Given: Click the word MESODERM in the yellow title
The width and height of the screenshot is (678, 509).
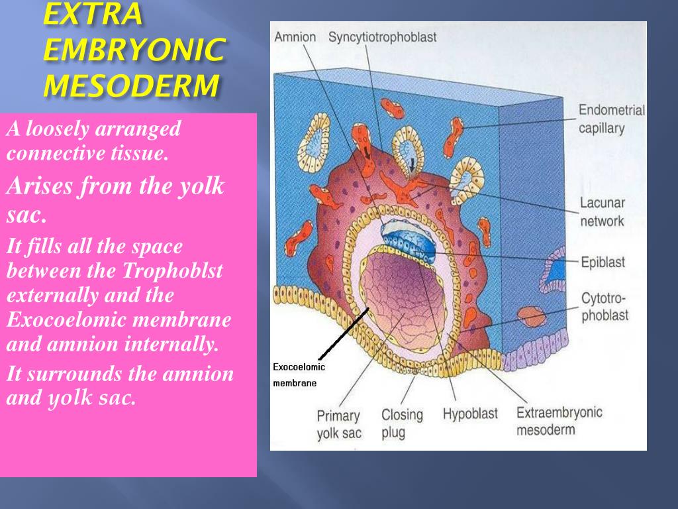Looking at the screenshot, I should (130, 85).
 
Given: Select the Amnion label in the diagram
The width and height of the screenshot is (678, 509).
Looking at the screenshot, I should (295, 36).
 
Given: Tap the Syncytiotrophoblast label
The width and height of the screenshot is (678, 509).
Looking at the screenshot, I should (382, 36).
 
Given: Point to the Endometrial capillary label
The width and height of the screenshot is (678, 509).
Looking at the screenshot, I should (611, 119).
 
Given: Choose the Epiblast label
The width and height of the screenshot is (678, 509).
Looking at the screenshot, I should (603, 262).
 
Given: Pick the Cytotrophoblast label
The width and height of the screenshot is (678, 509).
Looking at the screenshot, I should (605, 307).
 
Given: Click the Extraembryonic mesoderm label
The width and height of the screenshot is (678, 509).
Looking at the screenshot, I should (559, 421).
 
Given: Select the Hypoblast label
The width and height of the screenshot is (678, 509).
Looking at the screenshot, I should (469, 414).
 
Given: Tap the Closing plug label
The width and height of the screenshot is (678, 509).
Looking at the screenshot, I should (402, 424).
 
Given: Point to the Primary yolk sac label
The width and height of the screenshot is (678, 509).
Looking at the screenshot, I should (338, 425).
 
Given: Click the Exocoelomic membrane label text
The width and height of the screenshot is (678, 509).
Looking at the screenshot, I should (299, 374).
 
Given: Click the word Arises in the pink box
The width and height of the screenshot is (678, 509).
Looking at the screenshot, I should (40, 187).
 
